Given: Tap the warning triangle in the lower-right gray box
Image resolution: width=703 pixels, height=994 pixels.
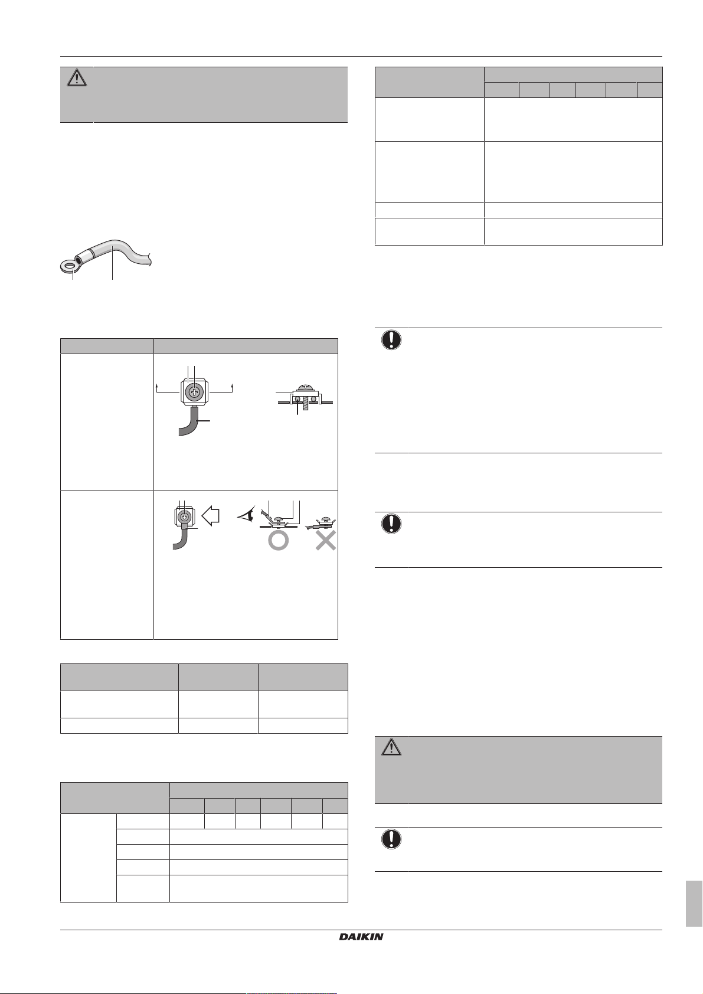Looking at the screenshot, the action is [391, 747].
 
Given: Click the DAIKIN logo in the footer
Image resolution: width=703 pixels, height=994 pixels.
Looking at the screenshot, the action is [361, 937].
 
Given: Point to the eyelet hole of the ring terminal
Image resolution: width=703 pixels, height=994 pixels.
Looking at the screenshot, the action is [70, 267].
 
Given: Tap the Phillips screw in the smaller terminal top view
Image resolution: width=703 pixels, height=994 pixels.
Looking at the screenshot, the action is [185, 517].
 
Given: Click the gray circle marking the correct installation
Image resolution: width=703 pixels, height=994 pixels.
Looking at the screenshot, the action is [278, 541].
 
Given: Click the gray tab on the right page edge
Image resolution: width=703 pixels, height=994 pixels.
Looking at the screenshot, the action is [694, 904].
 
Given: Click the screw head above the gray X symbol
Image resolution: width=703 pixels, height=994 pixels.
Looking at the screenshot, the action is [323, 521].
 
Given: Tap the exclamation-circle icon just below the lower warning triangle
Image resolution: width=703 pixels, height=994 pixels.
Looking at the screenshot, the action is [391, 839].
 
